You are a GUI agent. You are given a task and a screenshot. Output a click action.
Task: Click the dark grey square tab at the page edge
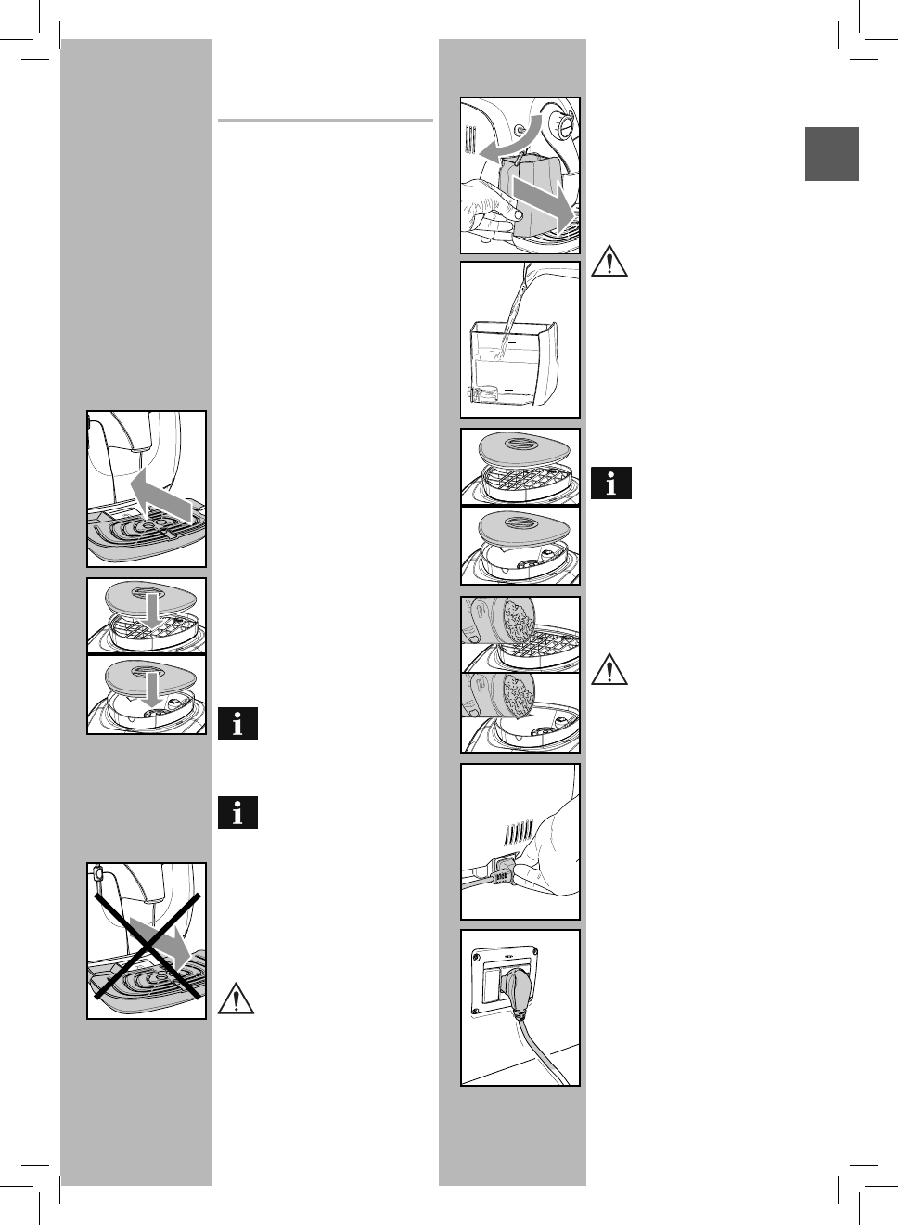pos(831,153)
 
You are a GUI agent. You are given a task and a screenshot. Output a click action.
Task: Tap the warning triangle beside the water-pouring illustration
pos(609,261)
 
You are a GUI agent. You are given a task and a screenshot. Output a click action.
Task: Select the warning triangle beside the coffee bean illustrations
pos(609,669)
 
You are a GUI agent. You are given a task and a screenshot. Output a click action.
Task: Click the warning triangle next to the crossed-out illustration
pos(236,998)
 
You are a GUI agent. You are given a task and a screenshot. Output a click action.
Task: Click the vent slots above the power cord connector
pos(519,831)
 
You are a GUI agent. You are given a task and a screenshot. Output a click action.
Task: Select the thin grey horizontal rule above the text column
pos(326,121)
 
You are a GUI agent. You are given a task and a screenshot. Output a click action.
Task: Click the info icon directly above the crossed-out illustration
pos(237,813)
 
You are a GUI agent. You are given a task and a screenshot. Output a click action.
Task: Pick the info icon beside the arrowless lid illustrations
pos(610,484)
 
